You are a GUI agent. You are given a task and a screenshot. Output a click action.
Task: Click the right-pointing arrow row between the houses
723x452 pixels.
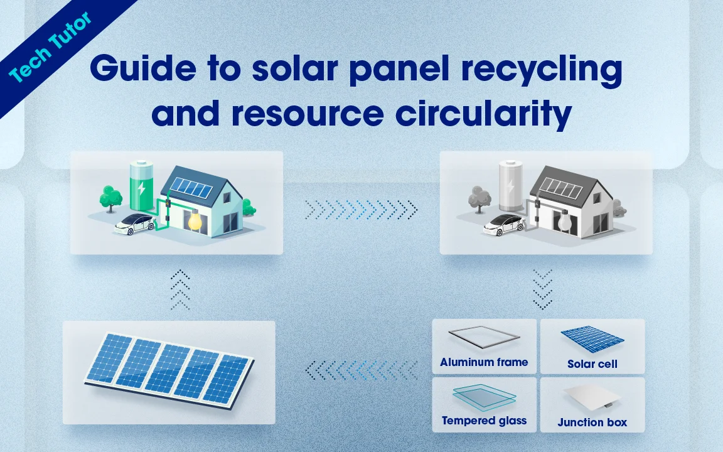tap(361, 209)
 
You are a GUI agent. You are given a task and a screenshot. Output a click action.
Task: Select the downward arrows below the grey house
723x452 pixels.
tap(542, 289)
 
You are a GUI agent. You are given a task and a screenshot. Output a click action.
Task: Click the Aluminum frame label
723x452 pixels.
tap(484, 362)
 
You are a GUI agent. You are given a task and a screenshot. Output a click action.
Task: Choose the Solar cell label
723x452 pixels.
tap(592, 364)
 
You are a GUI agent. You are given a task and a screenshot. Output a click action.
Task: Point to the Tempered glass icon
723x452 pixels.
tap(484, 397)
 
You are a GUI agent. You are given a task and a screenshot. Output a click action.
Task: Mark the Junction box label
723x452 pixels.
tap(592, 422)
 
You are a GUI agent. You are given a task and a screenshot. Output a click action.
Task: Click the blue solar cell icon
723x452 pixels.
tap(592, 339)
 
